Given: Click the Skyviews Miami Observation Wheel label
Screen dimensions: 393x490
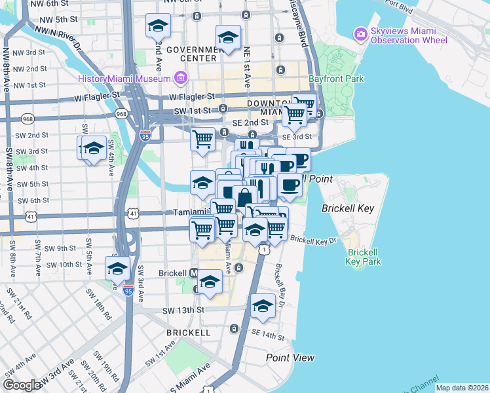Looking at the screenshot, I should (408, 35).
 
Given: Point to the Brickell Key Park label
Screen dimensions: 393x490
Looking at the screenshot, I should (364, 257).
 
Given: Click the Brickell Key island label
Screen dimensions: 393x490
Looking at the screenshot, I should (347, 208).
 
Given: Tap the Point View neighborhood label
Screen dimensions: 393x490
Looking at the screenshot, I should (290, 358).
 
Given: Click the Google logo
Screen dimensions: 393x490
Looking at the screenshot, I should (22, 385).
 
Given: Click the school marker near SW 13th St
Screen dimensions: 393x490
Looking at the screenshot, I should (263, 306).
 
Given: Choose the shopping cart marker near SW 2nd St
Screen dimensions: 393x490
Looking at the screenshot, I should (203, 139).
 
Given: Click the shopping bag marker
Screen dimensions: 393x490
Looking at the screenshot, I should (244, 196).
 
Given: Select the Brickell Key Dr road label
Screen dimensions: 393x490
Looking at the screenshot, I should (313, 240).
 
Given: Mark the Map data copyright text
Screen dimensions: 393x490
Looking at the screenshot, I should (462, 388).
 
